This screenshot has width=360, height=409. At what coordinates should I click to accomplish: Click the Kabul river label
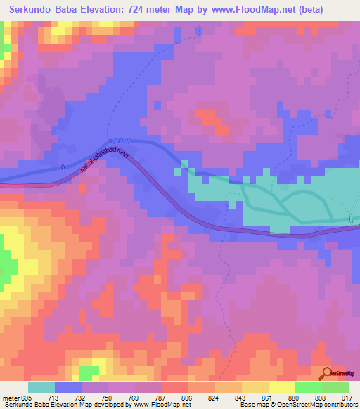pos(118,141)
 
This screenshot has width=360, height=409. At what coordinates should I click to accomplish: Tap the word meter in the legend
pos(11,398)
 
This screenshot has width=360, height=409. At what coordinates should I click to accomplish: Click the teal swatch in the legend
pos(41,387)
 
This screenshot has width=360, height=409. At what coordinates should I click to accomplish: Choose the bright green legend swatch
pos(309,387)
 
